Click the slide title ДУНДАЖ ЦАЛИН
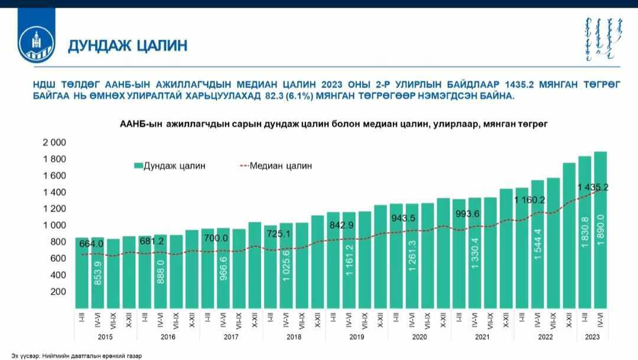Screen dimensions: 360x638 128,46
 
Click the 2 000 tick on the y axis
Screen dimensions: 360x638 54,142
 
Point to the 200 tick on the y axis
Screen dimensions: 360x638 57,291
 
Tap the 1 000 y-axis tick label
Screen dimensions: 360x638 54,225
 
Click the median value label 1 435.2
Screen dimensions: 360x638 593,187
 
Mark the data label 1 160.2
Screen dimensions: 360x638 529,200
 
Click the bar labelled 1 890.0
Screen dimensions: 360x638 600,231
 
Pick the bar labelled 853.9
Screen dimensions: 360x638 98,272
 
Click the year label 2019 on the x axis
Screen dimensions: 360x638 356,337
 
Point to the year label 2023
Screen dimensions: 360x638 593,337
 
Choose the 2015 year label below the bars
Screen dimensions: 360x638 105,337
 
